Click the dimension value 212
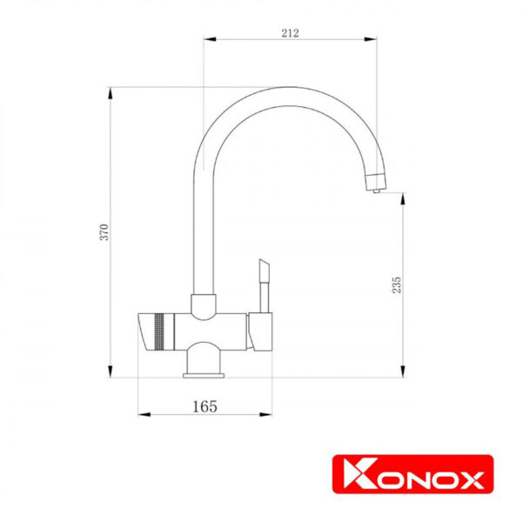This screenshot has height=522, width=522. (x=290, y=33)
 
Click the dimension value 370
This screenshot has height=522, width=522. (x=104, y=232)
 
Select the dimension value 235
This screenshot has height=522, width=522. (x=397, y=284)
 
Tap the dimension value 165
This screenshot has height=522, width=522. (x=204, y=406)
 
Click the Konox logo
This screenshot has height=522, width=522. (x=412, y=474)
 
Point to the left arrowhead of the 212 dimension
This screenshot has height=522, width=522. (x=210, y=39)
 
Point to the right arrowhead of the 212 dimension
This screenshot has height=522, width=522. (x=371, y=39)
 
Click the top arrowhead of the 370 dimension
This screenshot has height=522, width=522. (x=110, y=94)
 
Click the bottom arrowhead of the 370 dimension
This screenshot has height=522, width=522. (x=110, y=371)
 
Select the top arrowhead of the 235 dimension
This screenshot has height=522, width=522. (x=403, y=199)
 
